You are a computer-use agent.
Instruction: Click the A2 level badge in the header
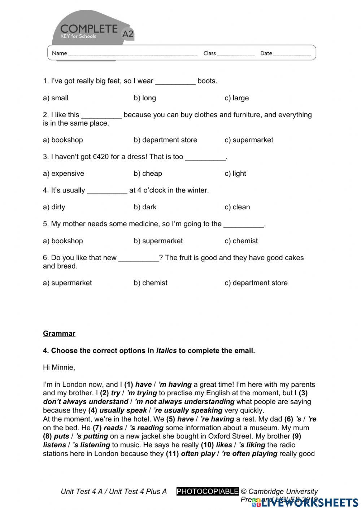point(128,34)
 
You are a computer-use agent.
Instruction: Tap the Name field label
point(59,53)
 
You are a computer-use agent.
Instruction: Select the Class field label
point(209,53)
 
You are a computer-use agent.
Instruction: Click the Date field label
point(266,53)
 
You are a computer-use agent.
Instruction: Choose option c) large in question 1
point(236,98)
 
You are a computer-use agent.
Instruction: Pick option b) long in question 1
point(145,98)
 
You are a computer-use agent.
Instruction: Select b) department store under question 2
point(165,140)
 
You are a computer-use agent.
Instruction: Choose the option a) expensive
point(64,174)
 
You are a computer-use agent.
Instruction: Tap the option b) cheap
point(148,174)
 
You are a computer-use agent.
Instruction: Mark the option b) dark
point(145,207)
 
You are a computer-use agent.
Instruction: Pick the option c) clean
point(237,207)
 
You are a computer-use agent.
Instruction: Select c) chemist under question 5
point(241,241)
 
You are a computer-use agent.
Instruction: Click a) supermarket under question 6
point(68,283)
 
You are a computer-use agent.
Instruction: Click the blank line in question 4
point(107,191)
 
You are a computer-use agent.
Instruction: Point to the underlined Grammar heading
point(59,334)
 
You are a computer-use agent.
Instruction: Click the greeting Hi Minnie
point(59,367)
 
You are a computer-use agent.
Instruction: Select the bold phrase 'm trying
point(142,393)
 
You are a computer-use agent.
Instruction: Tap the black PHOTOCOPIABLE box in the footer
point(208,491)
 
